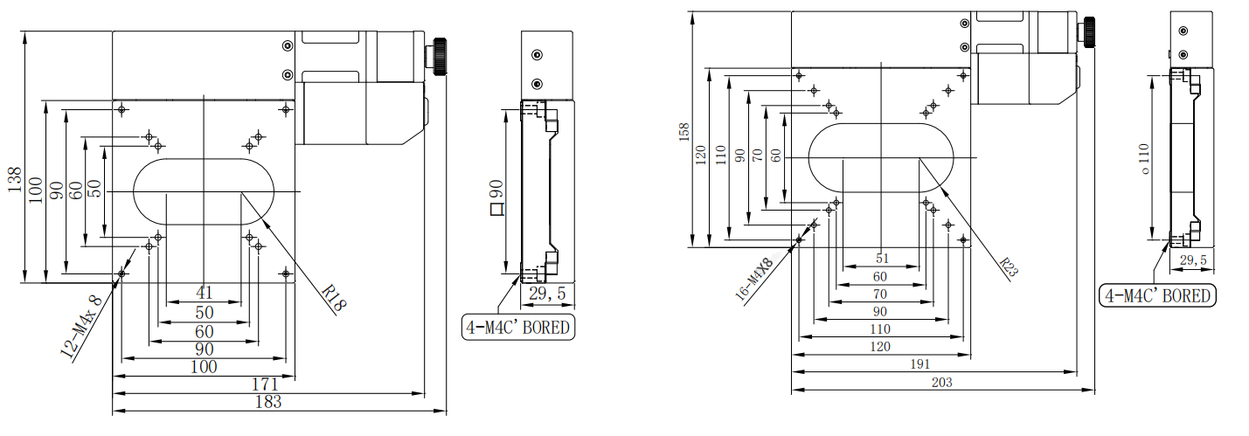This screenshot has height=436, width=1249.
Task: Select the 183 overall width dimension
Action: pos(267,402)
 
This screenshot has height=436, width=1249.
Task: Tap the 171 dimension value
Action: pos(265,384)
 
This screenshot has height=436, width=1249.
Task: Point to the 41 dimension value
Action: pos(205,294)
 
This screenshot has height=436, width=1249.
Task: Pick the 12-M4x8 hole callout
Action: pos(81,328)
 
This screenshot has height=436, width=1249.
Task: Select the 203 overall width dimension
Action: pos(941,382)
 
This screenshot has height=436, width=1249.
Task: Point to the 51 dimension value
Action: pos(880,259)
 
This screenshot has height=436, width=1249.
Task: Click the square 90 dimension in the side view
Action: pos(496,197)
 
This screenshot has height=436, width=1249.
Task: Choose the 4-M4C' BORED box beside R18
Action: pos(518,328)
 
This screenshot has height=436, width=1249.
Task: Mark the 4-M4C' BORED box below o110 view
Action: pos(1157,296)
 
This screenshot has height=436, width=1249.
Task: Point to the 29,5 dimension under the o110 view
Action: pos(1192,260)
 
